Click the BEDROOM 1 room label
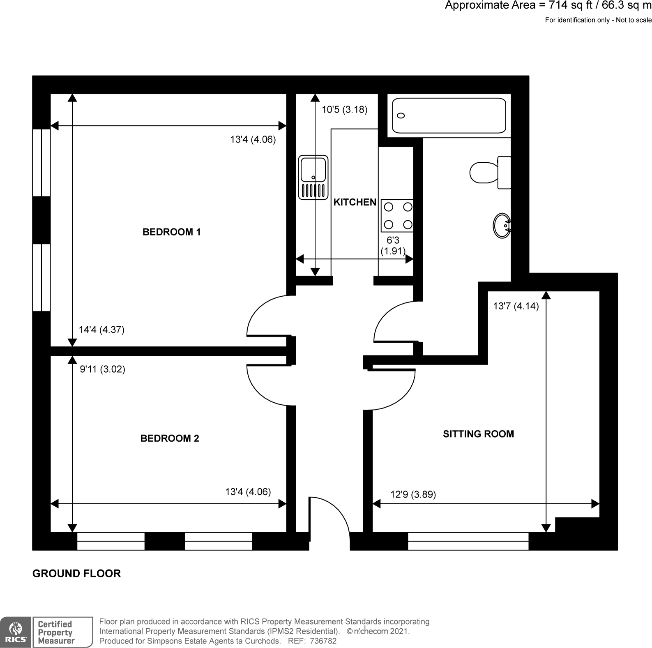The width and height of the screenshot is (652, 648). tap(171, 232)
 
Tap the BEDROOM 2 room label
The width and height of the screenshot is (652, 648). tap(170, 438)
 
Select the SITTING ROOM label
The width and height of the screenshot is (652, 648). tap(478, 434)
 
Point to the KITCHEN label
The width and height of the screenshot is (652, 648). tap(355, 202)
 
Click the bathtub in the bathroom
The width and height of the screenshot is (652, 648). tap(449, 115)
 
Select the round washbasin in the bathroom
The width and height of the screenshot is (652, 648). tap(502, 226)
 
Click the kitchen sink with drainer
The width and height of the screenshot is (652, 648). tap(313, 178)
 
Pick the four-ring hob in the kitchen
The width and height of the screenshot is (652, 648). tap(397, 216)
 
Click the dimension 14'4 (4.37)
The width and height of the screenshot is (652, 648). tap(101, 330)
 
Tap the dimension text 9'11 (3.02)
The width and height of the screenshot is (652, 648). tap(102, 369)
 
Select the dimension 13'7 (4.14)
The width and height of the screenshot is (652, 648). tap(516, 306)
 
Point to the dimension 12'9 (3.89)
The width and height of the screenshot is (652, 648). tap(413, 494)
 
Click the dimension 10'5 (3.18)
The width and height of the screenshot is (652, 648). tap(344, 110)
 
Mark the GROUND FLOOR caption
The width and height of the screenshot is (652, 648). tap(76, 574)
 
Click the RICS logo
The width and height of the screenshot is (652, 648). tap(15, 632)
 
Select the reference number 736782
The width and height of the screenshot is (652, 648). tap(323, 641)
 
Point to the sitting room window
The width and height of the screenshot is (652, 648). tap(468, 541)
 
